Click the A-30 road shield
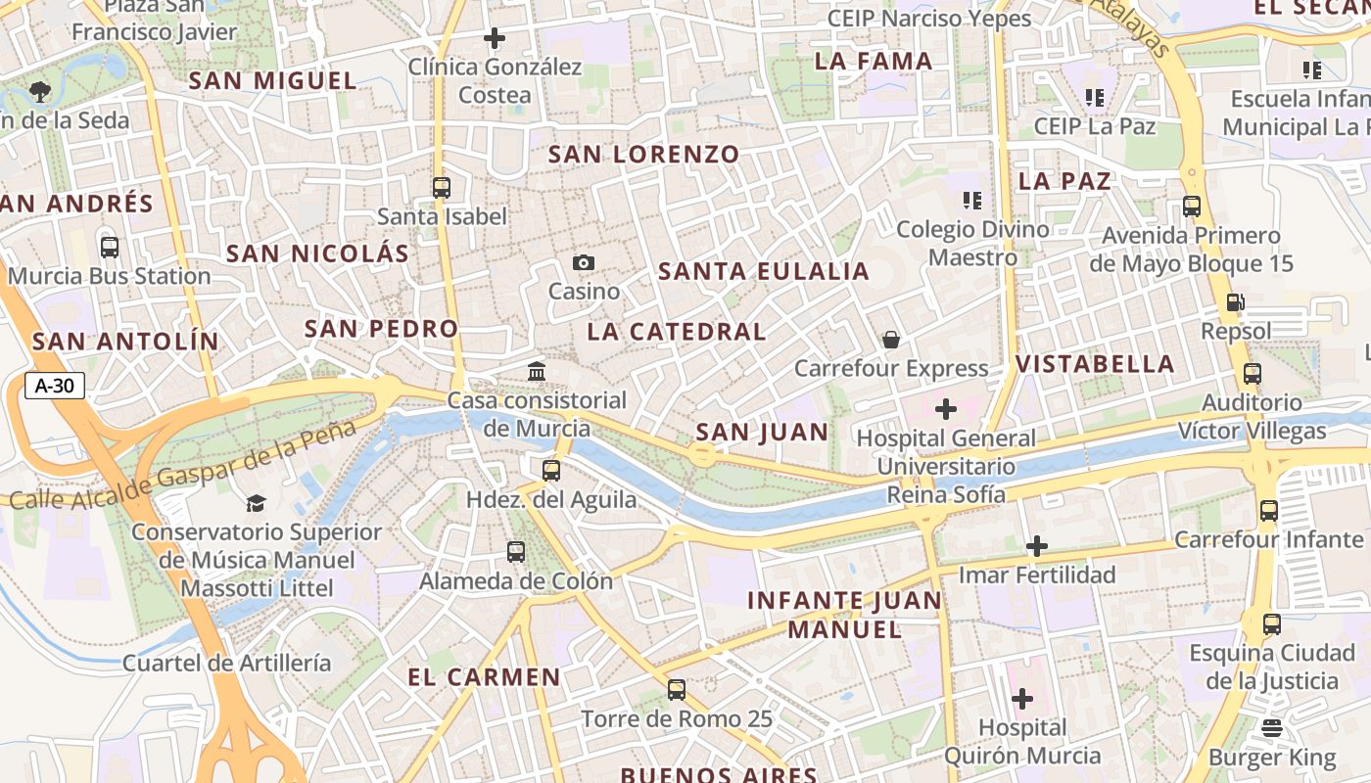coord(55,386)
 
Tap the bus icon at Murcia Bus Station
coord(110,248)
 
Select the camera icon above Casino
coord(584,262)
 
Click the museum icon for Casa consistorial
coord(537,372)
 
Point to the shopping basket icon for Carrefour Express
coord(891,340)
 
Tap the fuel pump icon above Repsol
coord(1236,302)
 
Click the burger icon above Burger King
coord(1272,728)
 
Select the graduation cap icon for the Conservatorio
coord(256,503)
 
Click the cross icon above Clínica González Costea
coord(495,38)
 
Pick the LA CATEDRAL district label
coord(677,332)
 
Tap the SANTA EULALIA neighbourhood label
coord(764,272)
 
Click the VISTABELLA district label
coord(1095,364)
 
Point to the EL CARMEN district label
coord(484,677)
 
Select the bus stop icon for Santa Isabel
coord(442,187)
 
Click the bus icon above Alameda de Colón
coord(516,552)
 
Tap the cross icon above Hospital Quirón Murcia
coord(1022,699)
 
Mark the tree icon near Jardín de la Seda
coord(40,92)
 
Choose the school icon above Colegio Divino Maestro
coord(971,201)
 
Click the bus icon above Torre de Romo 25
coord(677,690)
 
